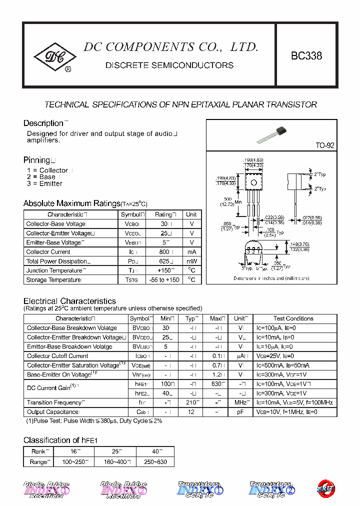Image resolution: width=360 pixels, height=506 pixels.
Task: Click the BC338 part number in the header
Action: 306,56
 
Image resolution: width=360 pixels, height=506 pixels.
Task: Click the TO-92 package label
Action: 324,145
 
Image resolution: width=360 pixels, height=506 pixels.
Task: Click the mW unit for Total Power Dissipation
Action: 191,261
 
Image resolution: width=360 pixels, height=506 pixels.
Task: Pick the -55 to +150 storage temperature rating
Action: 163,280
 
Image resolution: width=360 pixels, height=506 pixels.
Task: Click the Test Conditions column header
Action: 293,318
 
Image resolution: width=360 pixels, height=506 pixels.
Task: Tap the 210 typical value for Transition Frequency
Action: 190,402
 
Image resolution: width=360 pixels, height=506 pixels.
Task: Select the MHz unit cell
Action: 240,402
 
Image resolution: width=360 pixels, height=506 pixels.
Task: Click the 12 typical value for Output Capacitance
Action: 190,412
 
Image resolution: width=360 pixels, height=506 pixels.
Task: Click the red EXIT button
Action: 326,488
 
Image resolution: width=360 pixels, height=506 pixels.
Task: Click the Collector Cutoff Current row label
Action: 57,356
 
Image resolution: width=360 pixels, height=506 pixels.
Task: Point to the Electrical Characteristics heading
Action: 69,301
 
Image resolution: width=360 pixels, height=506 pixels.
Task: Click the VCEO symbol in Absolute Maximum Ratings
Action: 132,233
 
